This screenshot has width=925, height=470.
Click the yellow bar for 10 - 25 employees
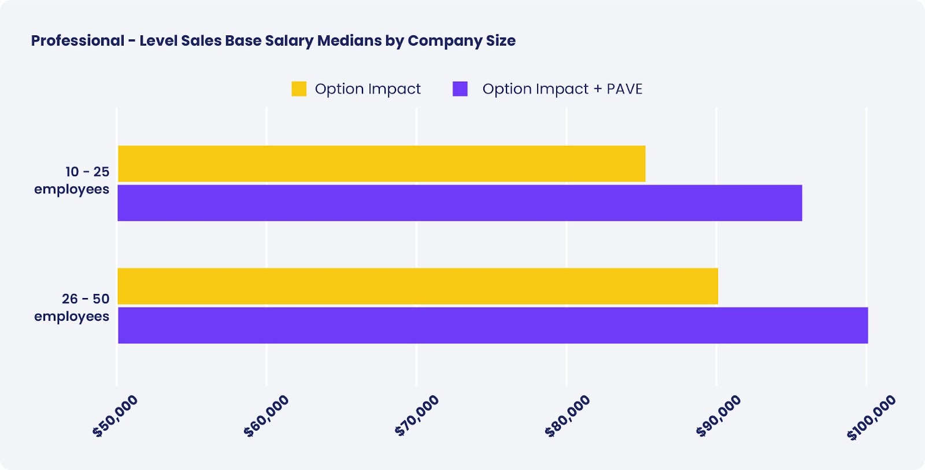pos(382,164)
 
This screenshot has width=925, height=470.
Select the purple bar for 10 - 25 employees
pos(460,203)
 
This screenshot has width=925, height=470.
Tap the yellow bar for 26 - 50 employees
pos(417,286)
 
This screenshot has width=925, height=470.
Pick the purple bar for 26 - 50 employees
pos(493,325)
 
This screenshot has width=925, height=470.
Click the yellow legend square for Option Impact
pos(299,89)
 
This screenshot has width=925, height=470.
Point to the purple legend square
pos(460,89)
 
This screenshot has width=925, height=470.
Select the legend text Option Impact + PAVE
pos(562,89)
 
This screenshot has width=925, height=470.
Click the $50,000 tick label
pos(116,416)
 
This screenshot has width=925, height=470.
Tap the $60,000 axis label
pos(267,416)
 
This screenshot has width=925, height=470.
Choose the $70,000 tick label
pos(417,416)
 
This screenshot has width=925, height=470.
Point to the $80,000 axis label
pos(568,416)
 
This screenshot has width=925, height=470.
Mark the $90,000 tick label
pos(719,416)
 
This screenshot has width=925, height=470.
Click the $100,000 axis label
pos(871,417)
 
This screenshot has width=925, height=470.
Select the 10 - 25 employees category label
pos(72,181)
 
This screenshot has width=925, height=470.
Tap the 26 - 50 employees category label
pos(72,308)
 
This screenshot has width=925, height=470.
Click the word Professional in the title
pos(77,41)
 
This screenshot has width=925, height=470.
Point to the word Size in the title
pos(501,41)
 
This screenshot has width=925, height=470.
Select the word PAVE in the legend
pos(624,89)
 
